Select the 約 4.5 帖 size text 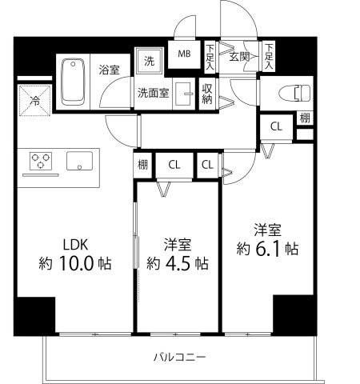pos(178,262)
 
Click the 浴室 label pos(110,70)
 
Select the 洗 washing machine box pos(150,60)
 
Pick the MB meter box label pos(183,54)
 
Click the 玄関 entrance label pos(239,56)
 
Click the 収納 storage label pos(206,94)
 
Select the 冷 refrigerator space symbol pos(35,101)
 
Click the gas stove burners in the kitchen pos(41,162)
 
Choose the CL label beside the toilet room pos(275,126)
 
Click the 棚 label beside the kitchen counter pos(142,166)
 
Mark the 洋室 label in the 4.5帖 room pos(178,242)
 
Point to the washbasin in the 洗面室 pos(182,91)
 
